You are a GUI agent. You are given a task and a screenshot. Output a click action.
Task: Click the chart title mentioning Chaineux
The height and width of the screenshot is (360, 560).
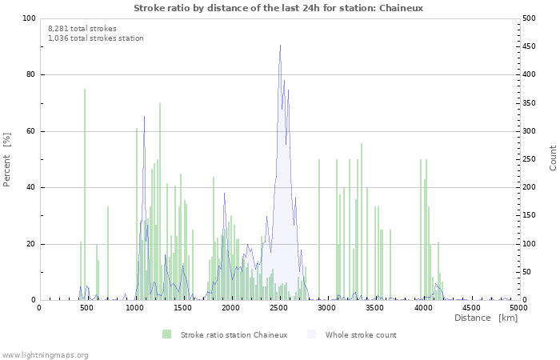(278, 7)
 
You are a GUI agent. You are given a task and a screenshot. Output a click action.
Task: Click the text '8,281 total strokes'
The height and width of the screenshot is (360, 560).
(82, 28)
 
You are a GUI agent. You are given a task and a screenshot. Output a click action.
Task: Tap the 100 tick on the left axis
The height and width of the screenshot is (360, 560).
(29, 18)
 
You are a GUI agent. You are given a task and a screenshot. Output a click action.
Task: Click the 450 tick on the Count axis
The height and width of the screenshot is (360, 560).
(530, 46)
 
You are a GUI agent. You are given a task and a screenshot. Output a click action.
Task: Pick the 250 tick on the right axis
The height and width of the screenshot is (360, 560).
(530, 159)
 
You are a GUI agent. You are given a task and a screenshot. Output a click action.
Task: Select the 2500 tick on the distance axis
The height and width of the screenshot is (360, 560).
(279, 307)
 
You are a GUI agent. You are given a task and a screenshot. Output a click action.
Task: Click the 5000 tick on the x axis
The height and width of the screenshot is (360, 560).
(518, 307)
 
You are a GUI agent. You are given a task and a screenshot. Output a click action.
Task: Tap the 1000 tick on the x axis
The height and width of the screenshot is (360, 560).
(135, 307)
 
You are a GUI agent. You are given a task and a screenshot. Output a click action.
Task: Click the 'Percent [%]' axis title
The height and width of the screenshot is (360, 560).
(7, 160)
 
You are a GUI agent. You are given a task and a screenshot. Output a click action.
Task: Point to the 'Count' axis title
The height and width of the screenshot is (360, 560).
(553, 159)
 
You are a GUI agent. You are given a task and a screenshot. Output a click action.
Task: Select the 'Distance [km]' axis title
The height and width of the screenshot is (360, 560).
(486, 318)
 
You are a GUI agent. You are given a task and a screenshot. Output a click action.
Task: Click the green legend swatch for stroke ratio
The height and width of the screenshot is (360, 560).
(166, 334)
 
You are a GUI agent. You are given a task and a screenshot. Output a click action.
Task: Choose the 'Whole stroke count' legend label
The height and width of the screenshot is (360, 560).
(361, 334)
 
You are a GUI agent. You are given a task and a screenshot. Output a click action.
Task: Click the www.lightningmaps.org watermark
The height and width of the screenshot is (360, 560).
(45, 354)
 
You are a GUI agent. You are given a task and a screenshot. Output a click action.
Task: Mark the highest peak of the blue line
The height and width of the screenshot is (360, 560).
(280, 46)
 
